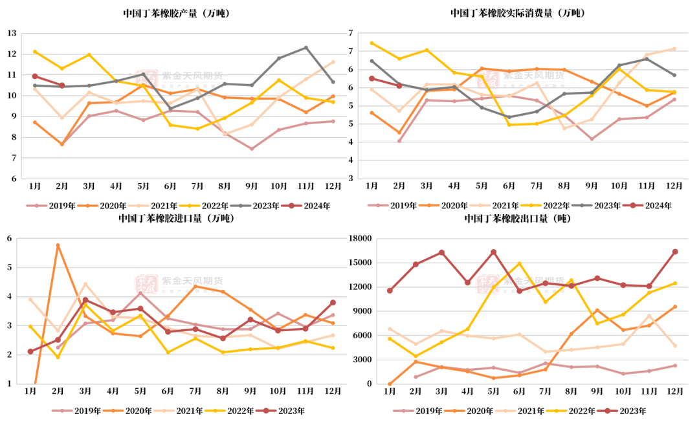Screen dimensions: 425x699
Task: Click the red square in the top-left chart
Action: click(147, 78)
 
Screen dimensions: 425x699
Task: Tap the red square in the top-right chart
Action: click(487, 78)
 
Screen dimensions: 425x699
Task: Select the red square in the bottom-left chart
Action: click(146, 283)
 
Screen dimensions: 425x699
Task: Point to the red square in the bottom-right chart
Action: click(487, 284)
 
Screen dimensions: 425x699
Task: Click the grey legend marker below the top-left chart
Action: click(240, 206)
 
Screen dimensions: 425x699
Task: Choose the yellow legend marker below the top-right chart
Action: click(531, 206)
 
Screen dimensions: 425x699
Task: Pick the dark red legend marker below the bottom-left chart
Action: click(266, 410)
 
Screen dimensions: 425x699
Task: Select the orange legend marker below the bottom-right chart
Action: click(455, 410)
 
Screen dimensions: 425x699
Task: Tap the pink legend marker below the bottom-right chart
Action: click(403, 410)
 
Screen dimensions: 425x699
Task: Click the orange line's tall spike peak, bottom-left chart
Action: click(58, 245)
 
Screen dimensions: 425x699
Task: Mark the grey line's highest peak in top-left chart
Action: click(306, 47)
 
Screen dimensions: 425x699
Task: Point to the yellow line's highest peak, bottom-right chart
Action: click(519, 263)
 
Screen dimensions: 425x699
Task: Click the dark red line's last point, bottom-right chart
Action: click(675, 251)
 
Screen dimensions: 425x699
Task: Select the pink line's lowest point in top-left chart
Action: click(252, 149)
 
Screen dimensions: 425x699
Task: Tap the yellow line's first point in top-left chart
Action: click(35, 51)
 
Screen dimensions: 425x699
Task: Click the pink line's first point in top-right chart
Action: click(399, 140)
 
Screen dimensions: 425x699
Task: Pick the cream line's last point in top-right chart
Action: click(674, 48)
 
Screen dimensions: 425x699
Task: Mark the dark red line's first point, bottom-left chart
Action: click(30, 351)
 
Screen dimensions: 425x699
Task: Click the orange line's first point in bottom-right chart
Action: click(390, 384)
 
